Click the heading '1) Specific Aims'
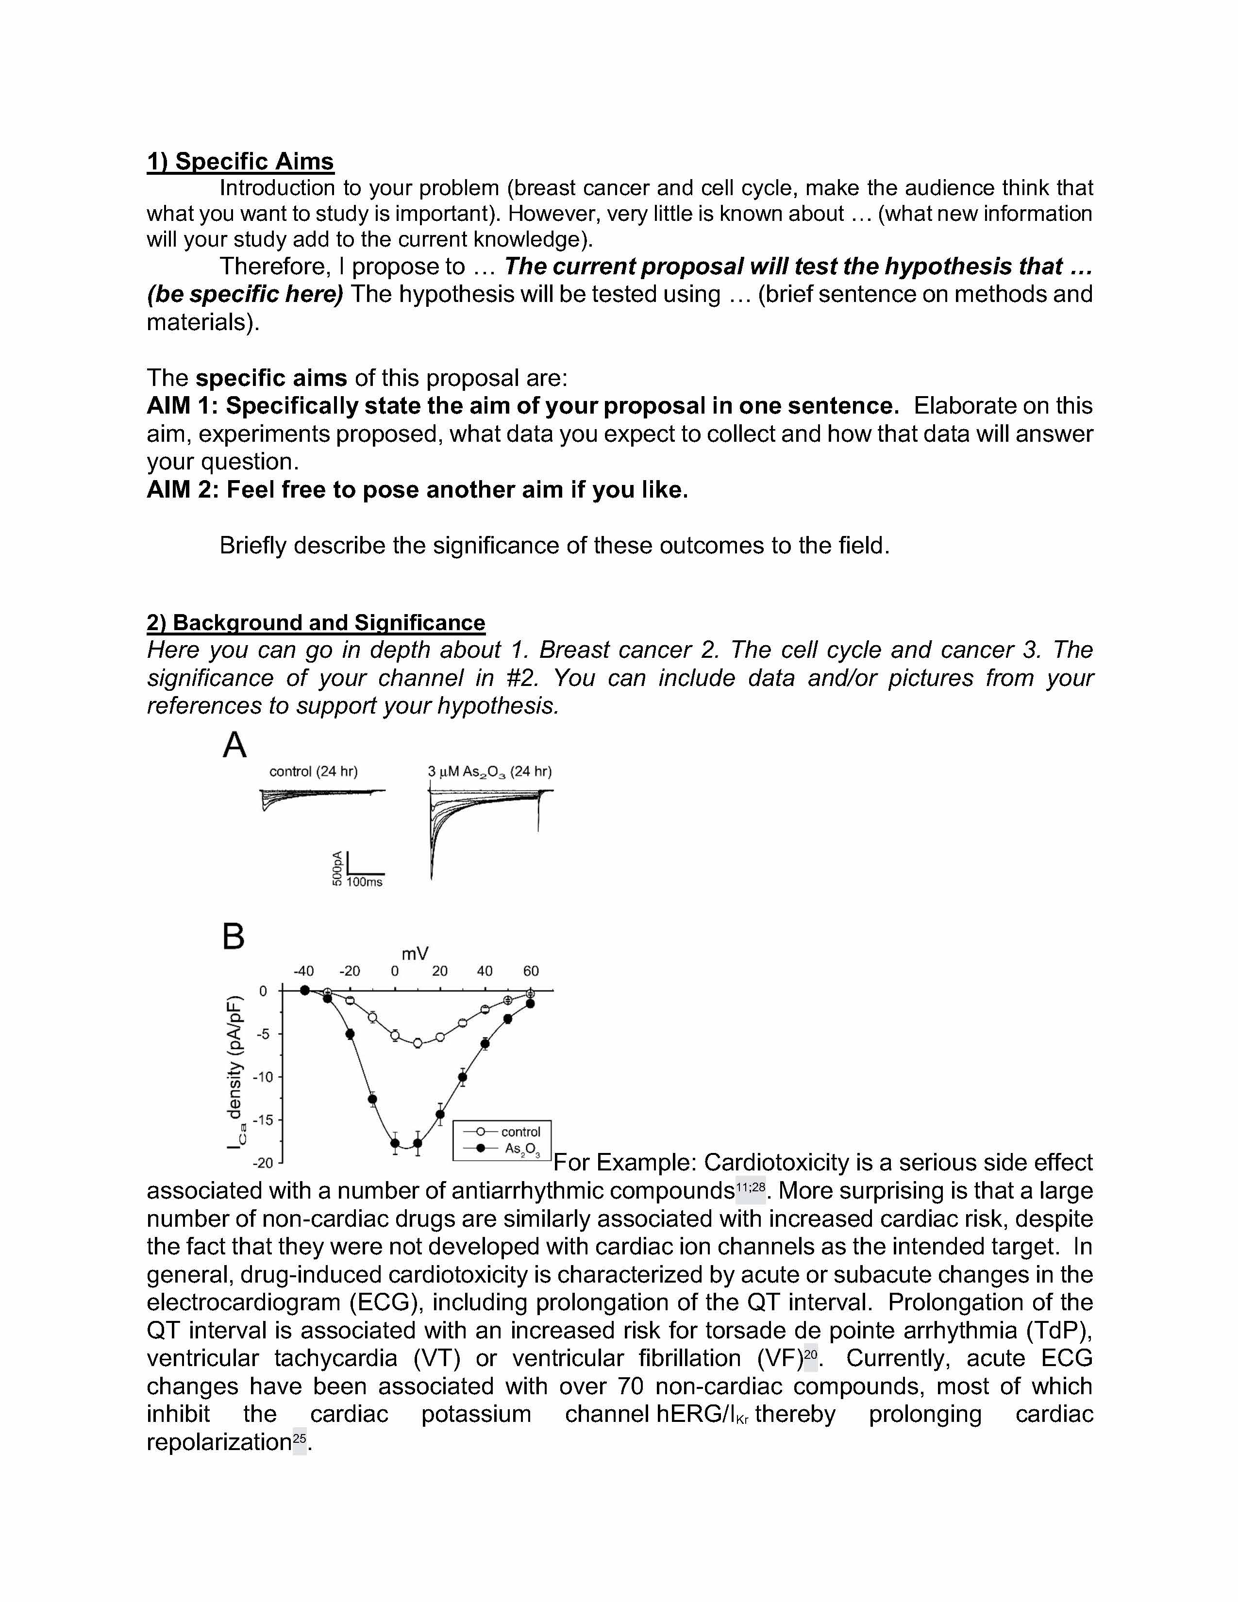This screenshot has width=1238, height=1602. [x=240, y=161]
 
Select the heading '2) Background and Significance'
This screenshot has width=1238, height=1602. [x=316, y=623]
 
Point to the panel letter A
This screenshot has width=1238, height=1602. [x=234, y=745]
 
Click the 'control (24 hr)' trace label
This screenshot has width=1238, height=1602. [x=313, y=772]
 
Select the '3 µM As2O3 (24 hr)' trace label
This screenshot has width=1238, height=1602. [x=489, y=772]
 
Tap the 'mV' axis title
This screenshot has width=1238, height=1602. [x=415, y=953]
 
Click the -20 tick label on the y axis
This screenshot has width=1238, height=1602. [x=262, y=1163]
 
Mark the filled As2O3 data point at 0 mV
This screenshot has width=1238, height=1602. [x=395, y=1143]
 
